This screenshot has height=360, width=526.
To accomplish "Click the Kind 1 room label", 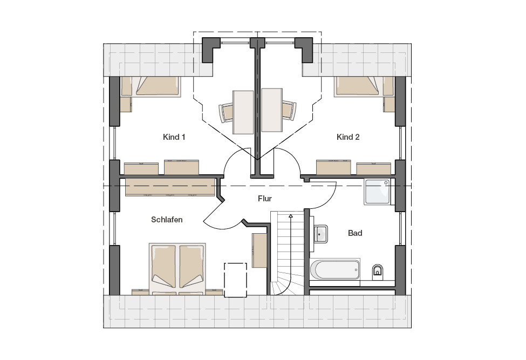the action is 174,137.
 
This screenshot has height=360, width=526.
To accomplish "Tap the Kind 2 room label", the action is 348,137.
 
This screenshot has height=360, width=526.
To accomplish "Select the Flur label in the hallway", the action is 265,199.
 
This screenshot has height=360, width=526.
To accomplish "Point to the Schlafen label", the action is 167,220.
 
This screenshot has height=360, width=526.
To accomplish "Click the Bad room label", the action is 355,233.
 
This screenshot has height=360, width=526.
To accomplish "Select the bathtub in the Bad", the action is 335,269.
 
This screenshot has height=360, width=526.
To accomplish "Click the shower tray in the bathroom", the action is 378,192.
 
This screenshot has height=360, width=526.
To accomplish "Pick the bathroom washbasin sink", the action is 320,234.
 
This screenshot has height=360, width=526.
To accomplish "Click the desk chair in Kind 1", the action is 226,112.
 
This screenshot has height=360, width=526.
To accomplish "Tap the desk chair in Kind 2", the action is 289,110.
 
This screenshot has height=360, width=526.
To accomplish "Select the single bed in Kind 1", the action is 151,86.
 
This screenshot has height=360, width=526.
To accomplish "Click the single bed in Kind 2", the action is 364,86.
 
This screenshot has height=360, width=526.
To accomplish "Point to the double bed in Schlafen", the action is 177,269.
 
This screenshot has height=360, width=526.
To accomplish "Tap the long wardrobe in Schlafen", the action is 170,187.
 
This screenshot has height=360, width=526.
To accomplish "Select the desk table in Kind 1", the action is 243,112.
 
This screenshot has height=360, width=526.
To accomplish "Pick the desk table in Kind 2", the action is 272,110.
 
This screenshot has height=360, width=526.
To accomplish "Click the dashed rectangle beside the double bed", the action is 236,280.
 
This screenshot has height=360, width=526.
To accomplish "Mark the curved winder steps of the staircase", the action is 281,284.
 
